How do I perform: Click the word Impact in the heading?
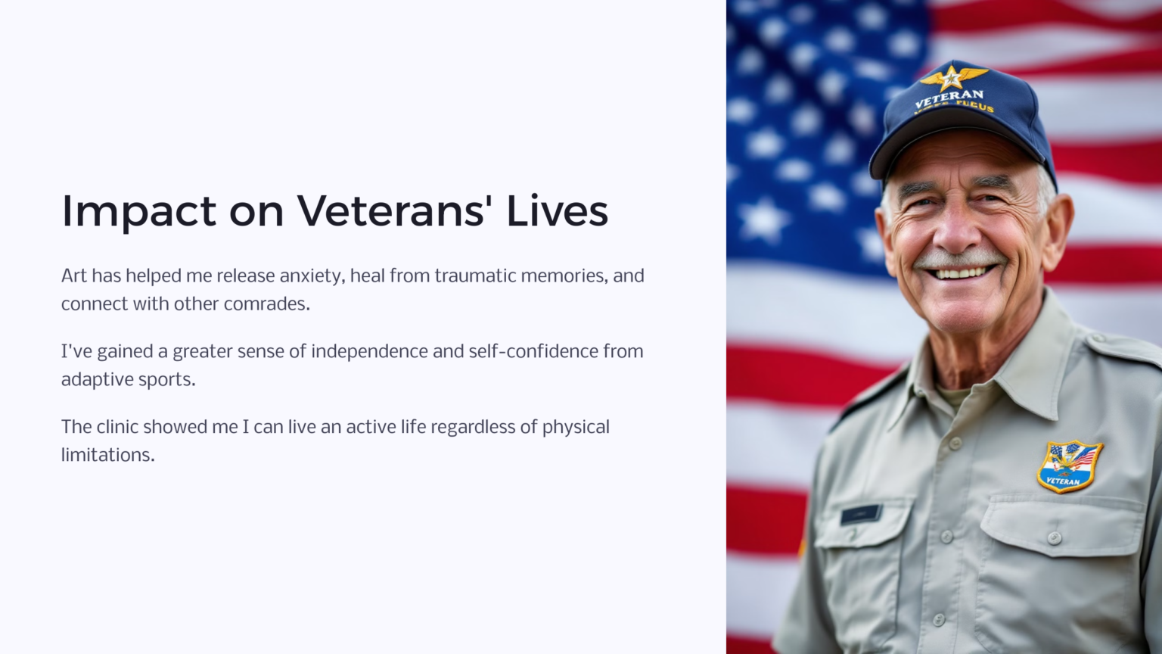tap(138, 211)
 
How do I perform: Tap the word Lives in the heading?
tap(557, 210)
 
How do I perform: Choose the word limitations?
tap(107, 455)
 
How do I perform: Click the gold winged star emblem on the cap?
tap(952, 76)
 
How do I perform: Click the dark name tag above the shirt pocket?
tap(860, 514)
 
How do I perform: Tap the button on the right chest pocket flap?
tap(1054, 538)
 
